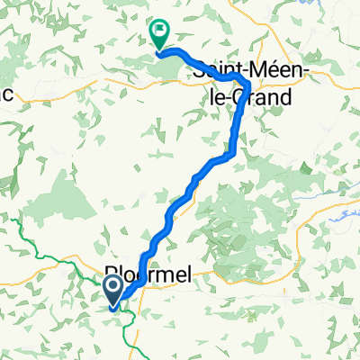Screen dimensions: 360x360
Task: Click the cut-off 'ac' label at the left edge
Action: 5,94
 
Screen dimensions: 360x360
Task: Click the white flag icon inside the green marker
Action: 160,33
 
